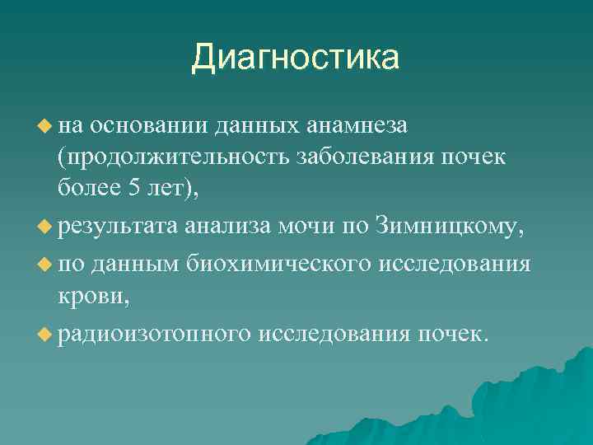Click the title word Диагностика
[x=296, y=58]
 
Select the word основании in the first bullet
[x=149, y=125]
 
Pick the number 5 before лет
[x=134, y=189]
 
